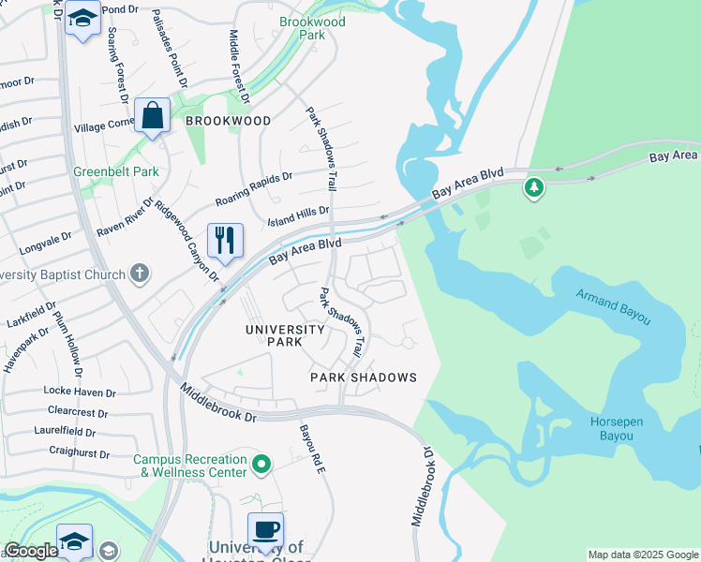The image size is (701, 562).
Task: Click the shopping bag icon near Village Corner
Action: pos(152,116)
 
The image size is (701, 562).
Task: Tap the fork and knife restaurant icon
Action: pos(225,241)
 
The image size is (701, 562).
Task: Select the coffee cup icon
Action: pos(265,530)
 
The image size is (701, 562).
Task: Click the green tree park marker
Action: pos(533,187)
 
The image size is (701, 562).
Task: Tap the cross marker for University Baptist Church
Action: pos(140,274)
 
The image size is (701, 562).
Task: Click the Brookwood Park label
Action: pos(312,28)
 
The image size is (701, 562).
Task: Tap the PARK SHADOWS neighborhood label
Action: pos(364,377)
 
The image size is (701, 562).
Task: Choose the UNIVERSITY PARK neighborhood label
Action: pos(285,335)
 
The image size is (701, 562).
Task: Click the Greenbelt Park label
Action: pos(116,171)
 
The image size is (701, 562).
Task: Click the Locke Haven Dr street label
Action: pos(80,392)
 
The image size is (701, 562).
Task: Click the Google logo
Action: pos(31,551)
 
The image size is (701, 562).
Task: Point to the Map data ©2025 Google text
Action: pos(642,555)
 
